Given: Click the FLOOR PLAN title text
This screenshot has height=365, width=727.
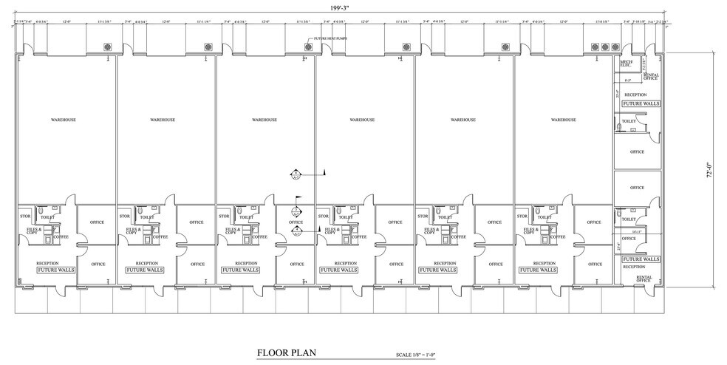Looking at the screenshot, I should (286, 352).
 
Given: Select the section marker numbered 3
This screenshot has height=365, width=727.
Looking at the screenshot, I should (296, 211).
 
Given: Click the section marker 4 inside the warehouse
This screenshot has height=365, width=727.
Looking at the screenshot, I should (296, 174).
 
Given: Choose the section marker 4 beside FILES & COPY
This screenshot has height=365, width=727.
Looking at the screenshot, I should (296, 232).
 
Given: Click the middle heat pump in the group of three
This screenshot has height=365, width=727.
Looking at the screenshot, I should (605, 47).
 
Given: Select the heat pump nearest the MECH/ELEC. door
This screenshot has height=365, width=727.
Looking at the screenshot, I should (615, 47).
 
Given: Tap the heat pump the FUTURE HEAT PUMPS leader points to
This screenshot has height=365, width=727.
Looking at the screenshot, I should (308, 47).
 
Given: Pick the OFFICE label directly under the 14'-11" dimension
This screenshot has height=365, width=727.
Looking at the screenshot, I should (629, 239).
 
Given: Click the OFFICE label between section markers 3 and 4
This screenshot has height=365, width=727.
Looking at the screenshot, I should (296, 222).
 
